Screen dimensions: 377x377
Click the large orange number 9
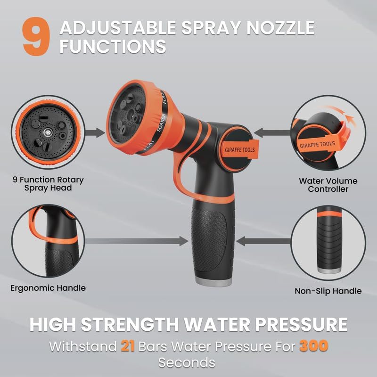[x=36, y=36]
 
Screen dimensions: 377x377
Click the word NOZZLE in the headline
[x=280, y=28]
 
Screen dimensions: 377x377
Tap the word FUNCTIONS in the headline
[x=113, y=46]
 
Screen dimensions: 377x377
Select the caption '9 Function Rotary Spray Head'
[x=48, y=184]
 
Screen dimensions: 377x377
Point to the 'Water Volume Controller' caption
[x=328, y=185]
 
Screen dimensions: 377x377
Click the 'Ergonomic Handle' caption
[x=48, y=288]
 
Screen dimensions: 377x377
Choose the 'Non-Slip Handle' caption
[x=328, y=291]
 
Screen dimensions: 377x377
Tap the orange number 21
[x=128, y=346]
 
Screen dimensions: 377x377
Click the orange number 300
[x=314, y=346]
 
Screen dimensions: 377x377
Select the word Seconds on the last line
[x=187, y=362]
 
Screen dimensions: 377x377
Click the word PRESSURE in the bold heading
[x=301, y=325]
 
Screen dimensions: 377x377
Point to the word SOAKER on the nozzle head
[x=161, y=123]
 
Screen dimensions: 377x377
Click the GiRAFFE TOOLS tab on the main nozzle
[x=240, y=149]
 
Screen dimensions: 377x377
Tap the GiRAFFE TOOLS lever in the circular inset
[x=317, y=145]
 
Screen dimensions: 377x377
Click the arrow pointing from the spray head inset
[x=95, y=133]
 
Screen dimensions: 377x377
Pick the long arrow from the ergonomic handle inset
[x=137, y=241]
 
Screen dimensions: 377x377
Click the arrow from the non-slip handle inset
[x=263, y=241]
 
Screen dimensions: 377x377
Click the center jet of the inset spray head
[x=46, y=132]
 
